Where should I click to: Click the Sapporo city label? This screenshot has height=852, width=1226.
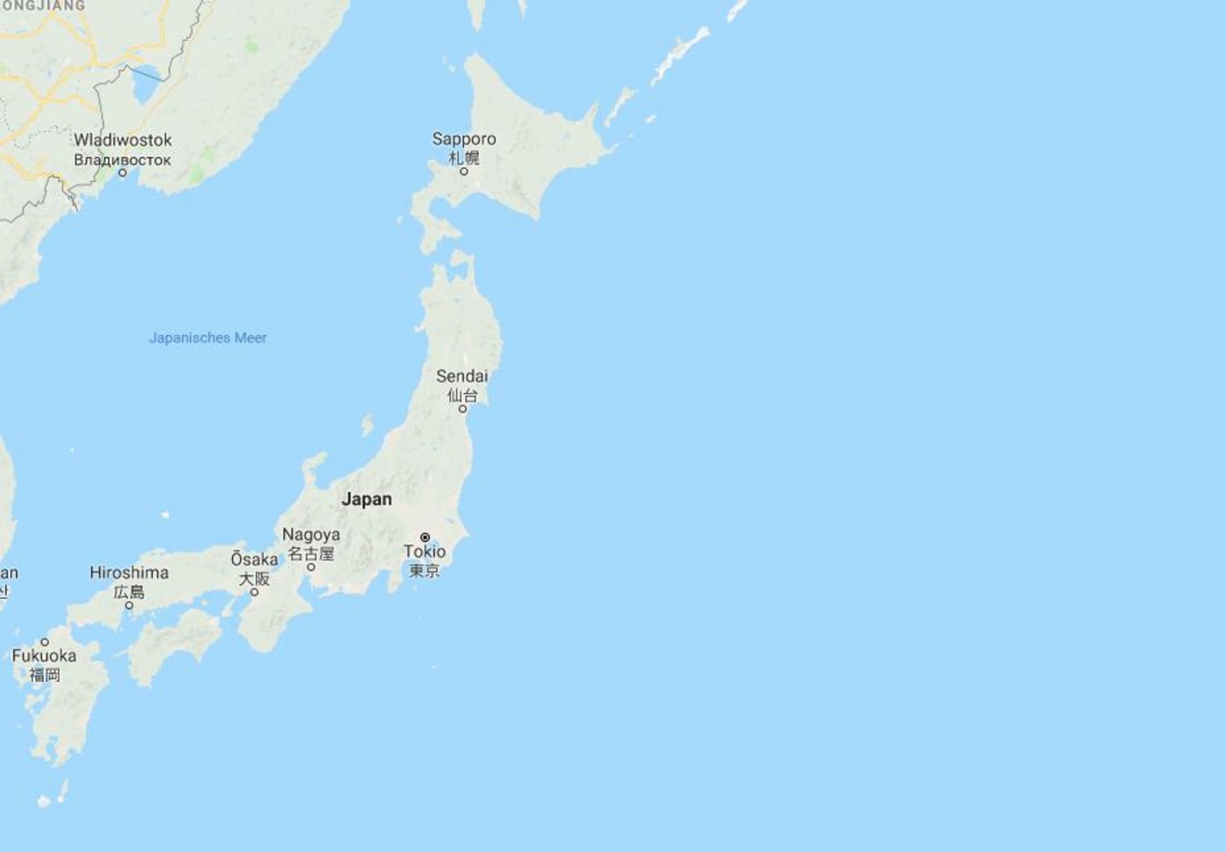(464, 139)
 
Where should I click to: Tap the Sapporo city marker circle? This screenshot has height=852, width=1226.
(464, 171)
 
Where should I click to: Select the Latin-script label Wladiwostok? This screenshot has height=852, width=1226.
(123, 140)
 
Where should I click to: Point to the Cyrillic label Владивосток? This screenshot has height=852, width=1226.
(123, 160)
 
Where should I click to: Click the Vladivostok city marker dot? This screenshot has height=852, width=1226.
(123, 173)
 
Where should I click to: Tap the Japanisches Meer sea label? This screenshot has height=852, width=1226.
(208, 338)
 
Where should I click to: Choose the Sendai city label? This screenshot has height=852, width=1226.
(462, 377)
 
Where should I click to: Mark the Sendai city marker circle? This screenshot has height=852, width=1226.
(463, 408)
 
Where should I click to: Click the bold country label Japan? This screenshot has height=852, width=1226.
(367, 499)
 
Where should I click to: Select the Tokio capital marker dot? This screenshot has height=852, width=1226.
(425, 537)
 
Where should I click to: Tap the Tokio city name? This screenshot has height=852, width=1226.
(425, 552)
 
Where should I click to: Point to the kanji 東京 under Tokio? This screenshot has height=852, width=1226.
(425, 571)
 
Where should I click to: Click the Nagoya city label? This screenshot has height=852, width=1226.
(311, 534)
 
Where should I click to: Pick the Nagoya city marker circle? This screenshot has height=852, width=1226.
(311, 567)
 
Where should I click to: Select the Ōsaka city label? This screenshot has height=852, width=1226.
(254, 560)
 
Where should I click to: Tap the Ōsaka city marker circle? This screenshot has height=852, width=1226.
(255, 592)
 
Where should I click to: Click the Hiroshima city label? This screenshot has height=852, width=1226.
(129, 573)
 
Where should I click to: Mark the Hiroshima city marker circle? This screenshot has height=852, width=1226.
(129, 605)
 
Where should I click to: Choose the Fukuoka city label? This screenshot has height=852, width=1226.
(44, 656)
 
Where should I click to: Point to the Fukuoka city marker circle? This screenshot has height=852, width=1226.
(45, 642)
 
